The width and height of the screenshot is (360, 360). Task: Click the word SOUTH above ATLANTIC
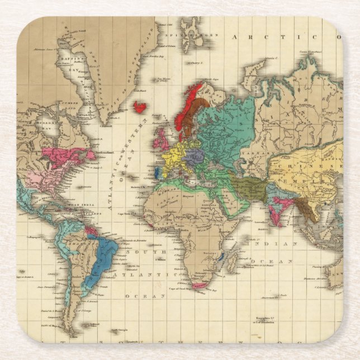138,252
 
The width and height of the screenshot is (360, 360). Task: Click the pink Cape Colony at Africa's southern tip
198,286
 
